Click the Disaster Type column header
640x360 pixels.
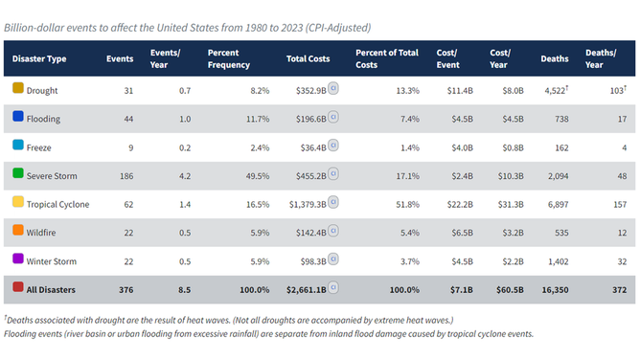[x=39, y=59]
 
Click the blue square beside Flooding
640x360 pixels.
[x=17, y=119]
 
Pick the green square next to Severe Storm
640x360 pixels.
[x=17, y=175]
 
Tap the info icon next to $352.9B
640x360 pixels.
[x=333, y=89]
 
